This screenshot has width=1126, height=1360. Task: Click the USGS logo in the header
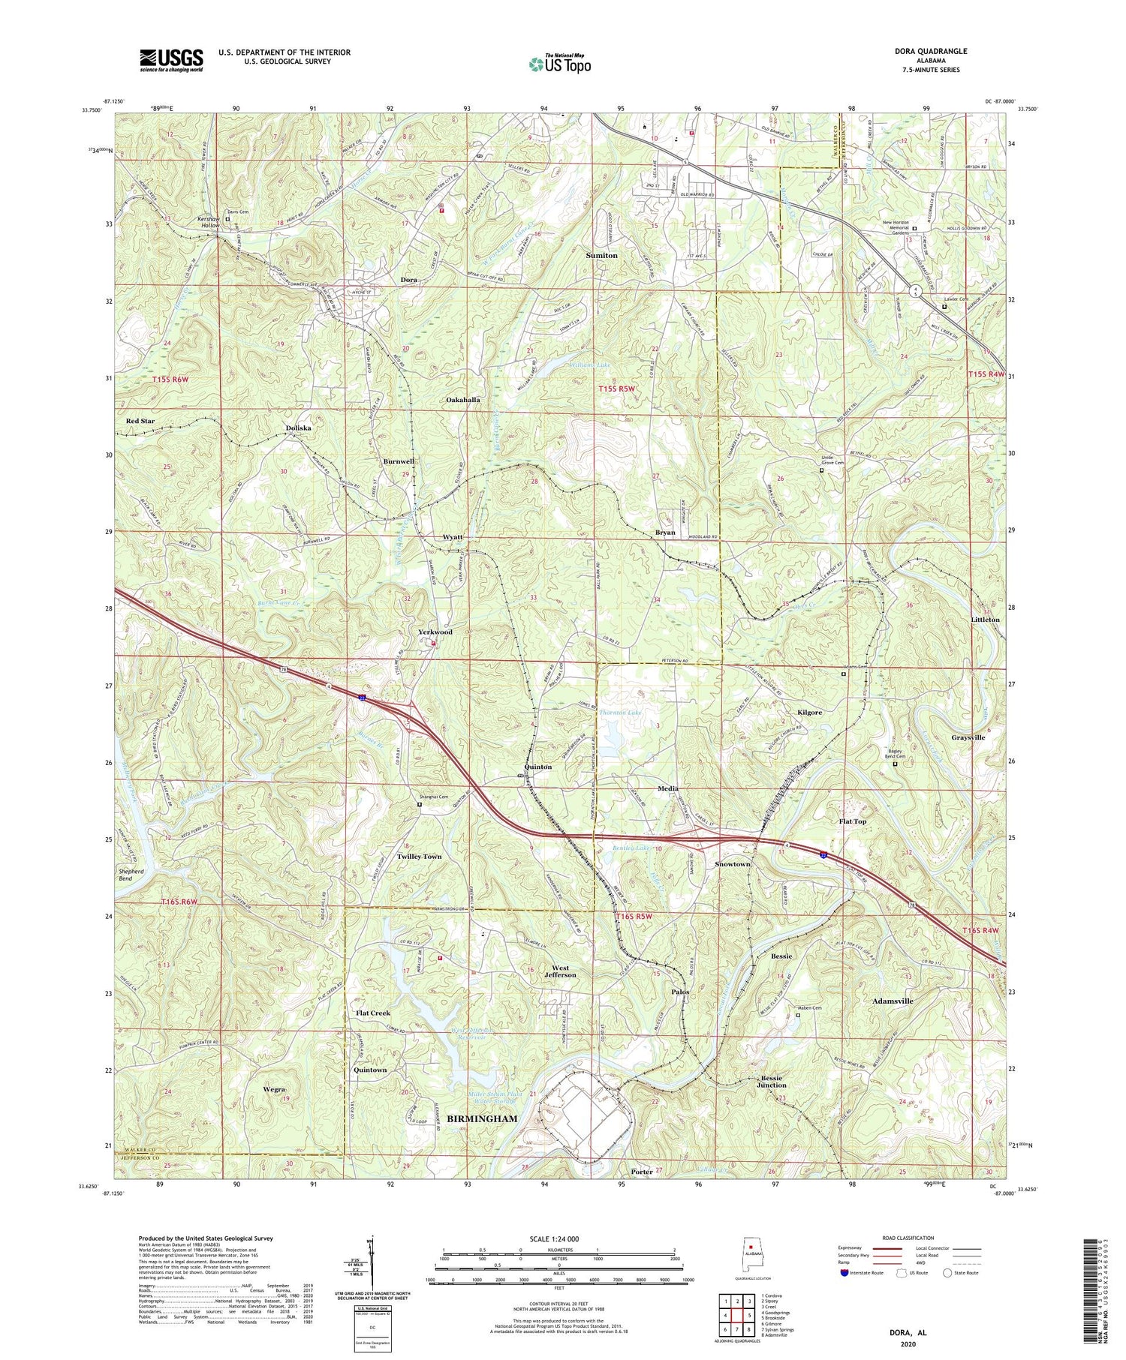point(171,60)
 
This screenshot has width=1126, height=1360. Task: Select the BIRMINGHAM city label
point(482,1118)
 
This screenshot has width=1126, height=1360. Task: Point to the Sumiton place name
point(601,256)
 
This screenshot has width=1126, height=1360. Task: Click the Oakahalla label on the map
point(462,401)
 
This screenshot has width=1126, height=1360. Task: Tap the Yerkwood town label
point(435,632)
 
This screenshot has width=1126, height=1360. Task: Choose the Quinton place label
point(537,767)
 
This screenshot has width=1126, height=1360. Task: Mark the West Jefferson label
point(554,971)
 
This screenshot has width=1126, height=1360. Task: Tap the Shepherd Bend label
point(135,874)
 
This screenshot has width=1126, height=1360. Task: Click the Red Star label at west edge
point(140,421)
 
